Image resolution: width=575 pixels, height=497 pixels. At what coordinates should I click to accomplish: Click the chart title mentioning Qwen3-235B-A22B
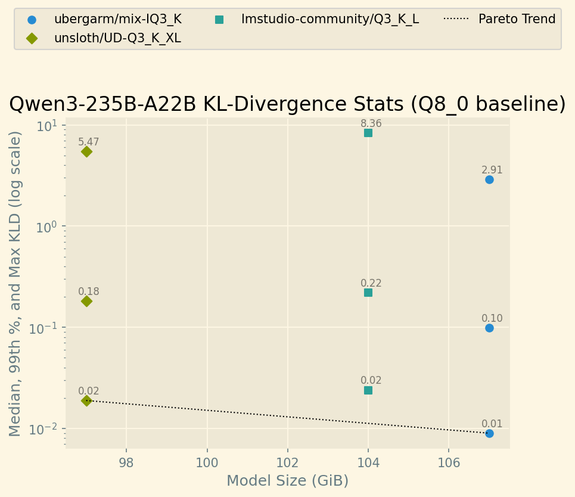[x=287, y=104]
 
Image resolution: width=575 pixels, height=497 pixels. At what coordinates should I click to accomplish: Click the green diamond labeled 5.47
[x=86, y=151]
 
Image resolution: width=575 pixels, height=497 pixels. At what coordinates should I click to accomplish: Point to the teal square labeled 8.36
[x=368, y=133]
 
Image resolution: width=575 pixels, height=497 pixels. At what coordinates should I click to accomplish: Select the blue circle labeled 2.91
[x=489, y=179]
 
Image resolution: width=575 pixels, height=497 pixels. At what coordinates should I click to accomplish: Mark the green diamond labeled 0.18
[x=86, y=301]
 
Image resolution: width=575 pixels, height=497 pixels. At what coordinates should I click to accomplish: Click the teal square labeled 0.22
[x=368, y=293]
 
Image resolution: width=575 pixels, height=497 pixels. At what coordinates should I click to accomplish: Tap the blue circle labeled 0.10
[x=489, y=328]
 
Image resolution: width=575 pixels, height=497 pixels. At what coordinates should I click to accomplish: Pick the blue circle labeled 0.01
[x=489, y=433]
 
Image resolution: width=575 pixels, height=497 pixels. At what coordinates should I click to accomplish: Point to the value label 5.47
[x=89, y=142]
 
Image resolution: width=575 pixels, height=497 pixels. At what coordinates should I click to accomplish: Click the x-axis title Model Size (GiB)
[x=287, y=480]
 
